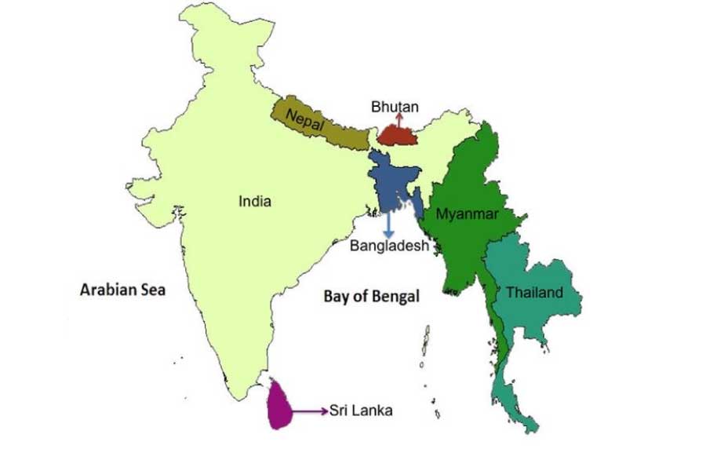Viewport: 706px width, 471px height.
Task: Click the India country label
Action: coord(255,202)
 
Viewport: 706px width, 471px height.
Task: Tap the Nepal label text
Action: coord(305,120)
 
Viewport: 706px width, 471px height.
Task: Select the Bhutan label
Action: coord(395,107)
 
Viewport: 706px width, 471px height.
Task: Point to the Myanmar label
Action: coord(468,214)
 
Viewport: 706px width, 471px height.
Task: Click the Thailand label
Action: coord(534,293)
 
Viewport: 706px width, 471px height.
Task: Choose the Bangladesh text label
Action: coord(390,246)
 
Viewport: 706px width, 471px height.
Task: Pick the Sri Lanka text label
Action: coord(361,410)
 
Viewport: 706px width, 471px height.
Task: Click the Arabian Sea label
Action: coord(123,290)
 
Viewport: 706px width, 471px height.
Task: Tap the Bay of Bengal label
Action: coord(371,296)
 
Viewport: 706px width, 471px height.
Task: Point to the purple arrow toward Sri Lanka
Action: coord(311,410)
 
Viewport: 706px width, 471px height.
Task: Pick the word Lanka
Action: coord(374,410)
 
